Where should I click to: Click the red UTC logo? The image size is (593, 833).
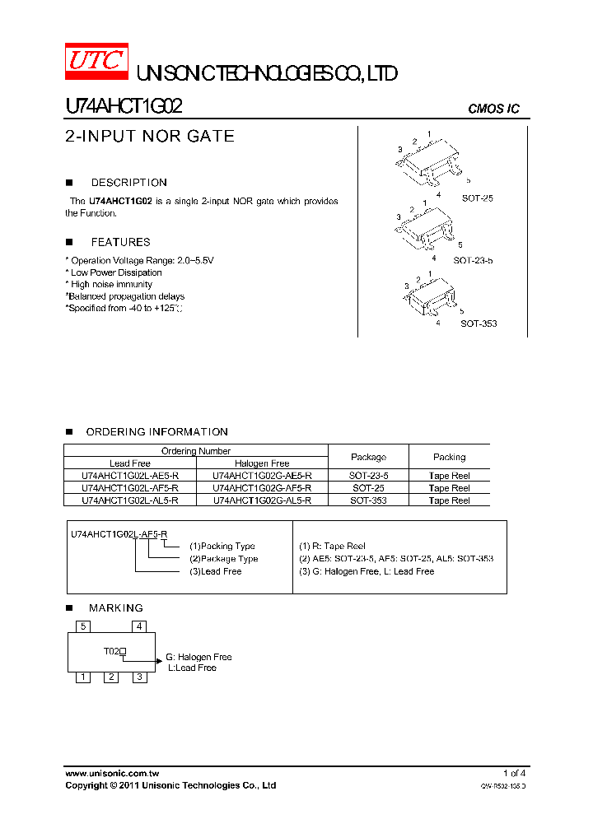(96, 62)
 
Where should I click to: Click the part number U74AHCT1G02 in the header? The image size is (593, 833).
(124, 107)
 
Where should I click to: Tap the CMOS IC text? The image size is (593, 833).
(493, 109)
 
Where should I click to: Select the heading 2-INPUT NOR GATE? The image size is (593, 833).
(150, 137)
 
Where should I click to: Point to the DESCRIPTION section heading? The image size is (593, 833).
(128, 183)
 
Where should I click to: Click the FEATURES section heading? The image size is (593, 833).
(120, 242)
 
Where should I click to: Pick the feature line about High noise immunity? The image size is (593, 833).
(111, 284)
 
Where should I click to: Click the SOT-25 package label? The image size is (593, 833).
(477, 198)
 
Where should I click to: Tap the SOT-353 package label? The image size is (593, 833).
(479, 323)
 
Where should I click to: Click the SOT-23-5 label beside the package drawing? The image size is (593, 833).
(473, 260)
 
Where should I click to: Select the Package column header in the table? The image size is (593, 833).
(368, 457)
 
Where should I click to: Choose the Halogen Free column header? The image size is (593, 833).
(262, 463)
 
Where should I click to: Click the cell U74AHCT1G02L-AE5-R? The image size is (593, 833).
(129, 476)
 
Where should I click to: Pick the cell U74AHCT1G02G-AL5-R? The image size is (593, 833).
(262, 500)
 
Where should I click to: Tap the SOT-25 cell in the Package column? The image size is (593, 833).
(368, 487)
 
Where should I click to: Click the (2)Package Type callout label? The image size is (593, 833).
(223, 558)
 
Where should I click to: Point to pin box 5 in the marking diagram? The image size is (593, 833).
(82, 626)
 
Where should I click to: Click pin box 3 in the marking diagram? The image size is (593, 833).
(140, 677)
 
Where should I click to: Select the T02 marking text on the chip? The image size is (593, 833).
(112, 651)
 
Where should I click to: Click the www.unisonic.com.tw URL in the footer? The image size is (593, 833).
(112, 773)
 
